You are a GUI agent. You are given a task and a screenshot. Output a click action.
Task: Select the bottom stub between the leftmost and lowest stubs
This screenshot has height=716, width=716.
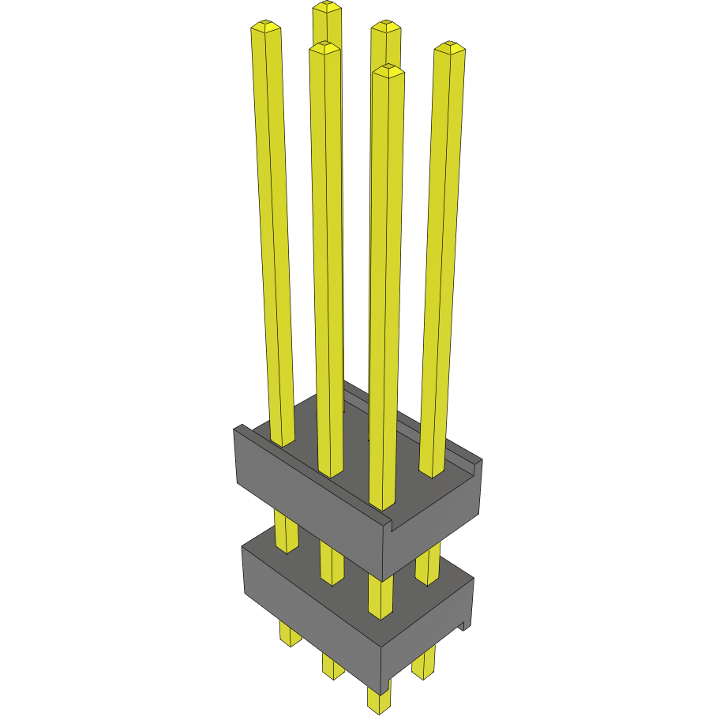[x=333, y=667]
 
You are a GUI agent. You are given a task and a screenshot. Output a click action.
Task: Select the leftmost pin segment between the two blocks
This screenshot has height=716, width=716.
[x=286, y=533]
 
